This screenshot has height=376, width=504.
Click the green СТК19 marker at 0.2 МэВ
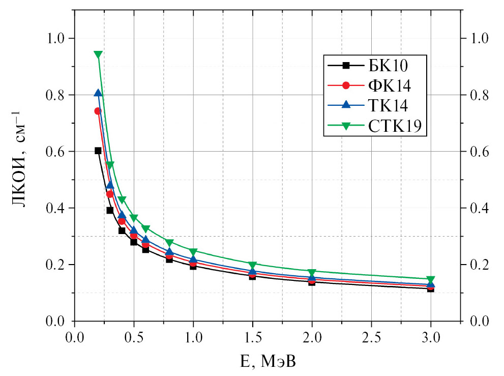98,55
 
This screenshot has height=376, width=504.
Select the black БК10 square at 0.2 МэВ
98,151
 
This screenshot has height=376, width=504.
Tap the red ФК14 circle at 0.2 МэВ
98,111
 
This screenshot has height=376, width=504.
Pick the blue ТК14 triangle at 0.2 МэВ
98,93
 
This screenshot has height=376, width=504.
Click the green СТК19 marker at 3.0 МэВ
431,280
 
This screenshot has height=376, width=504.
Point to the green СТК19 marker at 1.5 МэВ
253,265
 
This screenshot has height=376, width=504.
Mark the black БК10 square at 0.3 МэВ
110,210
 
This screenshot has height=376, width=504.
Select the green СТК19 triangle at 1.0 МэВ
193,252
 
